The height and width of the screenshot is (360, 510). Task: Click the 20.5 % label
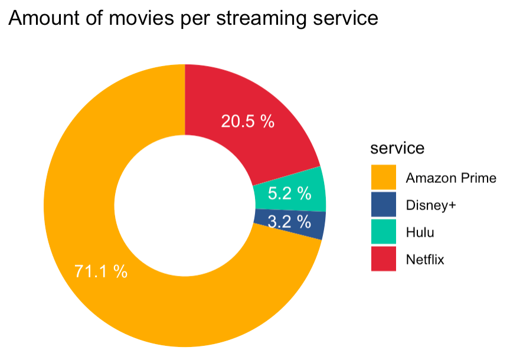coord(248,122)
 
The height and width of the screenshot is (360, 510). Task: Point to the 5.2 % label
coord(289,194)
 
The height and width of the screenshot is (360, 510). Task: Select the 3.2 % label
coord(289,222)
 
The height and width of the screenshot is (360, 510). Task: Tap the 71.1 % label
coord(101,271)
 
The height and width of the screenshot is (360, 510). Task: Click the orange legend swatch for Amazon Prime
coord(384,177)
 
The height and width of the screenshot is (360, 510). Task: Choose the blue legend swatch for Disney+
coord(384,204)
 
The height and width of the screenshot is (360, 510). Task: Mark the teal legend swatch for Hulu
coord(384,231)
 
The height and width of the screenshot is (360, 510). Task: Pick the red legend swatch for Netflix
coord(384,259)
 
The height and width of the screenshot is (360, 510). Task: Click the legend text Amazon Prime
coord(451,178)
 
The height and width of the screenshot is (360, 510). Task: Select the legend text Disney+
coord(431,205)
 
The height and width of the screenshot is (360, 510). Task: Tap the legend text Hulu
coord(420,232)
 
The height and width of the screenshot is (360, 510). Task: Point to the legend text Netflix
coord(425,260)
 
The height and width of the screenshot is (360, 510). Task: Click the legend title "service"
coord(397,148)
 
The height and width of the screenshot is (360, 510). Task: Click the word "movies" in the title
coord(142,18)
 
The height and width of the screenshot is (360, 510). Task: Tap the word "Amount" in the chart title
coord(44,18)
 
